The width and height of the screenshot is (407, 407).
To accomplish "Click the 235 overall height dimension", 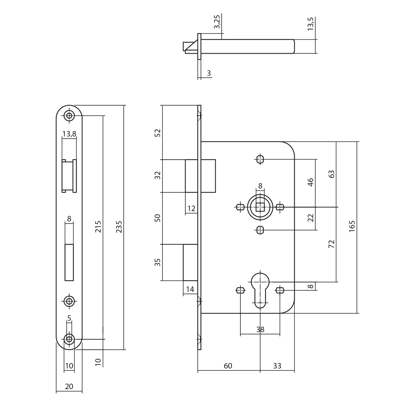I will pyautogui.click(x=119, y=227).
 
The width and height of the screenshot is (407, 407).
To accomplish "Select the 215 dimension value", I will pyautogui.click(x=98, y=227).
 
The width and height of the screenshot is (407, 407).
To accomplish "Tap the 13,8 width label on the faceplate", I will pyautogui.click(x=69, y=134).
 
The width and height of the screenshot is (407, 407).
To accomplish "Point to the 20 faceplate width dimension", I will pyautogui.click(x=69, y=386).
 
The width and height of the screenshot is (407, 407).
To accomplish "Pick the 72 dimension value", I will pyautogui.click(x=331, y=244).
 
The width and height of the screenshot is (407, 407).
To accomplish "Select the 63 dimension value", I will pyautogui.click(x=331, y=174).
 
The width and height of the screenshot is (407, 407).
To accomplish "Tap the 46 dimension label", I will pyautogui.click(x=311, y=182).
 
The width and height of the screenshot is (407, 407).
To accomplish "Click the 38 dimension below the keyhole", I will pyautogui.click(x=260, y=330).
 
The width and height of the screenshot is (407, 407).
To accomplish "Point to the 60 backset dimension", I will pyautogui.click(x=228, y=366).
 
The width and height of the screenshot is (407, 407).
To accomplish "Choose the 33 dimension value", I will pyautogui.click(x=277, y=366).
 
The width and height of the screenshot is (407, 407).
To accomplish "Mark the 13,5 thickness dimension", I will pyautogui.click(x=311, y=24).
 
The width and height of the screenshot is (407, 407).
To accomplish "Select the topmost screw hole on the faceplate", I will pyautogui.click(x=69, y=115).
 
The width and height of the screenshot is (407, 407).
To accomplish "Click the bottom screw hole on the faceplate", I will pyautogui.click(x=69, y=339).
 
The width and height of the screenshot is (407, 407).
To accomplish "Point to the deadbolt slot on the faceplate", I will pyautogui.click(x=69, y=262).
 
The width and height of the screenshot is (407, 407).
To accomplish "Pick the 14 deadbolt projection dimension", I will pyautogui.click(x=190, y=289).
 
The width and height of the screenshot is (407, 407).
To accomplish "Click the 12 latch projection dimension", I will pyautogui.click(x=191, y=209).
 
